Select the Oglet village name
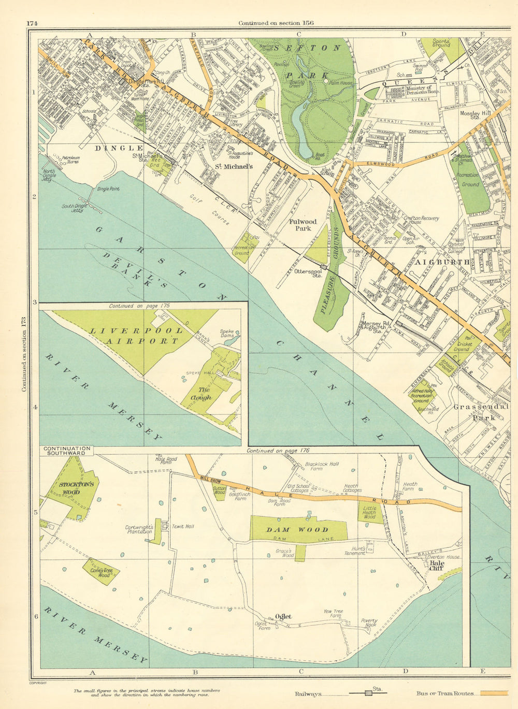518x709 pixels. tap(283, 616)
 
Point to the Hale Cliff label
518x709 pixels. tap(437, 566)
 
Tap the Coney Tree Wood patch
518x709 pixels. tap(101, 572)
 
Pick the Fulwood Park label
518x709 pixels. tap(303, 225)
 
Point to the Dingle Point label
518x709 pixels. tap(108, 189)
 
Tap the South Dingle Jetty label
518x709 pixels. tap(73, 208)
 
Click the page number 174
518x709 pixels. tap(33, 23)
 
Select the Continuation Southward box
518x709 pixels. tap(67, 451)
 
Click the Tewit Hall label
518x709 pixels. tap(182, 527)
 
